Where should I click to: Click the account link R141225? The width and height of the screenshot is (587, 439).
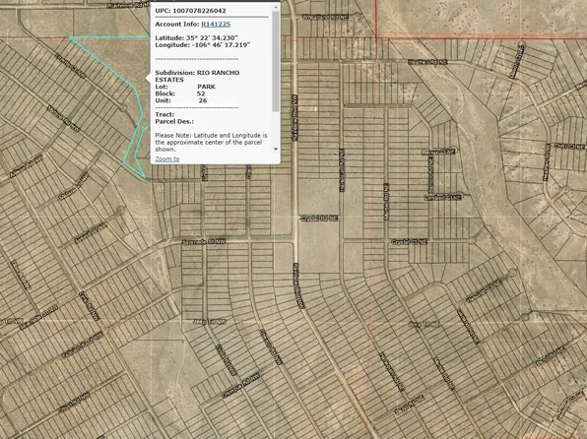[216, 22]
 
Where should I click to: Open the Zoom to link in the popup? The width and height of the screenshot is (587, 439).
[167, 157]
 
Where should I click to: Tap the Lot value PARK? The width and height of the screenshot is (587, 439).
[206, 87]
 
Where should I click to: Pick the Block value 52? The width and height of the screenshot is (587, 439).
[202, 94]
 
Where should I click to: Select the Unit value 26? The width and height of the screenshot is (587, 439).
[202, 100]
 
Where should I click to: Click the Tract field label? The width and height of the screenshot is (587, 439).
[164, 114]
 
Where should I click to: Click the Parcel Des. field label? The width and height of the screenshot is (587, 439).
[174, 121]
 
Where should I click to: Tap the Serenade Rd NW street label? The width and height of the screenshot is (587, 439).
[204, 240]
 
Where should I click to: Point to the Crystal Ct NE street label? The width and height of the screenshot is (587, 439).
[409, 240]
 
